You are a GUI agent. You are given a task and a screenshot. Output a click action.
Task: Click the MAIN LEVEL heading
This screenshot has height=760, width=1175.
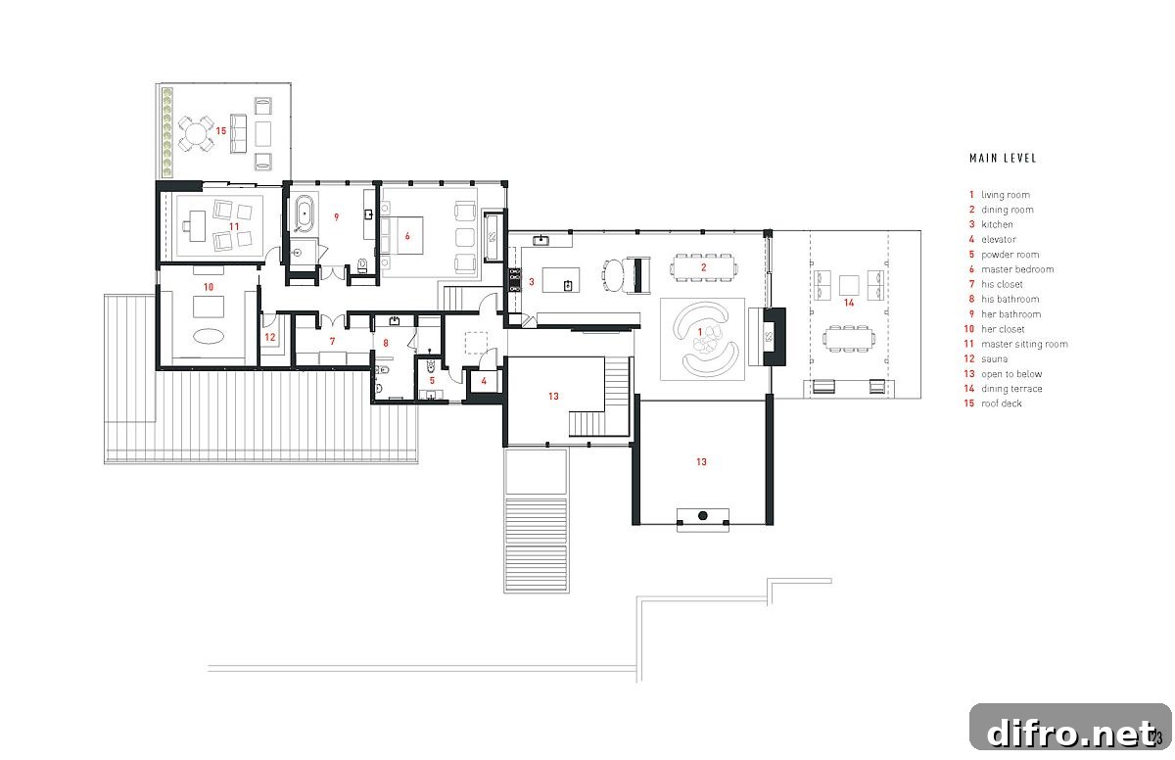[1003, 159]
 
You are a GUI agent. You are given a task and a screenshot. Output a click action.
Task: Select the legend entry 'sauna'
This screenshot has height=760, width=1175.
[994, 359]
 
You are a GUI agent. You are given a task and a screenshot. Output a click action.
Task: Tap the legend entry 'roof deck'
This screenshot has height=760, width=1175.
[1002, 404]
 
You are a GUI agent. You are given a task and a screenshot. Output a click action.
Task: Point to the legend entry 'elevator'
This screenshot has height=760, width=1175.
[999, 240]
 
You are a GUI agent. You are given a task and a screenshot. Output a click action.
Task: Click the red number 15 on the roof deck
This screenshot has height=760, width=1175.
[221, 130]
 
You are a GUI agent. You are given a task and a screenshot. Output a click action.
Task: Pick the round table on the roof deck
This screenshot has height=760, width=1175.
[195, 133]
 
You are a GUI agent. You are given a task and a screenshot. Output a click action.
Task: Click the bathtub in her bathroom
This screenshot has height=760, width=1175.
[304, 214]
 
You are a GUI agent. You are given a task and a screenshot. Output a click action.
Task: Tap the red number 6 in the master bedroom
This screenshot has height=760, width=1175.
[407, 236]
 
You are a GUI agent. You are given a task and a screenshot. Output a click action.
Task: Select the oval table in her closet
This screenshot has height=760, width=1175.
[209, 336]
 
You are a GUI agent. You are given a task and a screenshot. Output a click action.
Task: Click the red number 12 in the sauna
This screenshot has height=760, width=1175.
[269, 337]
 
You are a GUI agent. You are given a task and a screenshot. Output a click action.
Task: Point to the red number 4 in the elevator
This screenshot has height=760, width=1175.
[484, 381]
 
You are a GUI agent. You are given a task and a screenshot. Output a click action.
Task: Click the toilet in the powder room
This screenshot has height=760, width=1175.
[431, 365]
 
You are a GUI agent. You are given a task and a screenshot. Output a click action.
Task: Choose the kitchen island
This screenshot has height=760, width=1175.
[561, 279]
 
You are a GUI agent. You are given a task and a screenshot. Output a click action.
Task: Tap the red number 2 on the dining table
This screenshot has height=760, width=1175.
[703, 267]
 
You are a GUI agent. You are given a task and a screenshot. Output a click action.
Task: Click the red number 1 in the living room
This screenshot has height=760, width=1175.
[699, 332]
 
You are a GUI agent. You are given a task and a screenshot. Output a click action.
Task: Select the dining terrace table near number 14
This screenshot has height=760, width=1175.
[848, 338]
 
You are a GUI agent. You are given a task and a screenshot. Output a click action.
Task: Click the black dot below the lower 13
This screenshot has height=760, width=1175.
[702, 515]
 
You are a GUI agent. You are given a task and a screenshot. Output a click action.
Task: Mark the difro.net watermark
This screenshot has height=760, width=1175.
[1070, 733]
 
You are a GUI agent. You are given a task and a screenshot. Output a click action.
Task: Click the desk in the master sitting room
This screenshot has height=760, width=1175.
[197, 226]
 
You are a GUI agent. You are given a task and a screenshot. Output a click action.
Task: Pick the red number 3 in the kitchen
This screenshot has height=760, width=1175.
[532, 282]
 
